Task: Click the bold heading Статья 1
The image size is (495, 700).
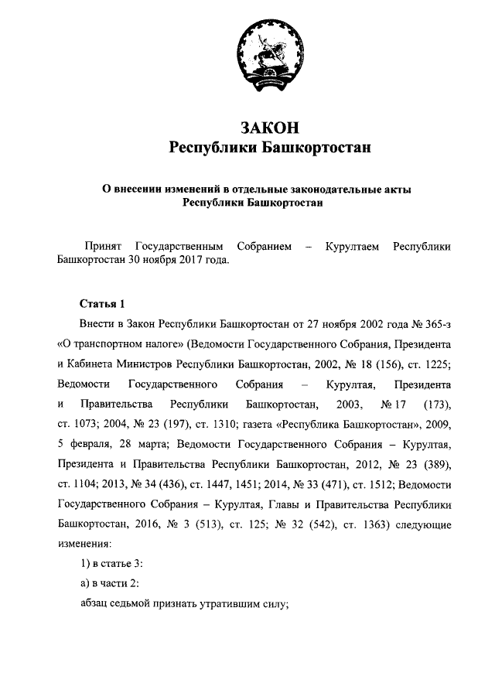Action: point(101,302)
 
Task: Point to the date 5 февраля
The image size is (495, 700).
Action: point(87,445)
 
